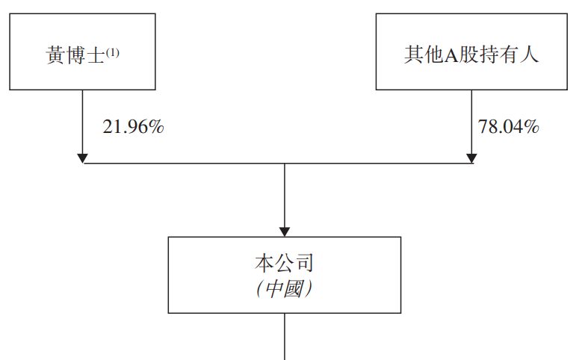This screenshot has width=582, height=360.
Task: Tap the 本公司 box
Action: [x=285, y=275]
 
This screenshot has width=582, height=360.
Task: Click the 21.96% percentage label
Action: [x=133, y=127]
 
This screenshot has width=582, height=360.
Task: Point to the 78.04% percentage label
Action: [x=509, y=127]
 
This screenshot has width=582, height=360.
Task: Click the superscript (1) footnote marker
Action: [x=112, y=52]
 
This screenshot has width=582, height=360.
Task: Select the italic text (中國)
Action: [x=284, y=289]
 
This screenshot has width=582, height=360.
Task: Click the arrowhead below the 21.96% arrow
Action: [x=83, y=158]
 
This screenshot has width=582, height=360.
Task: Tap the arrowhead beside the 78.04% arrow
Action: [x=471, y=158]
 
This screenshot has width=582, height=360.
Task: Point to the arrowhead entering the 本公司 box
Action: [x=285, y=232]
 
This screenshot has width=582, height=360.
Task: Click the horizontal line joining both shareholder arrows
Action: [x=187, y=163]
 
